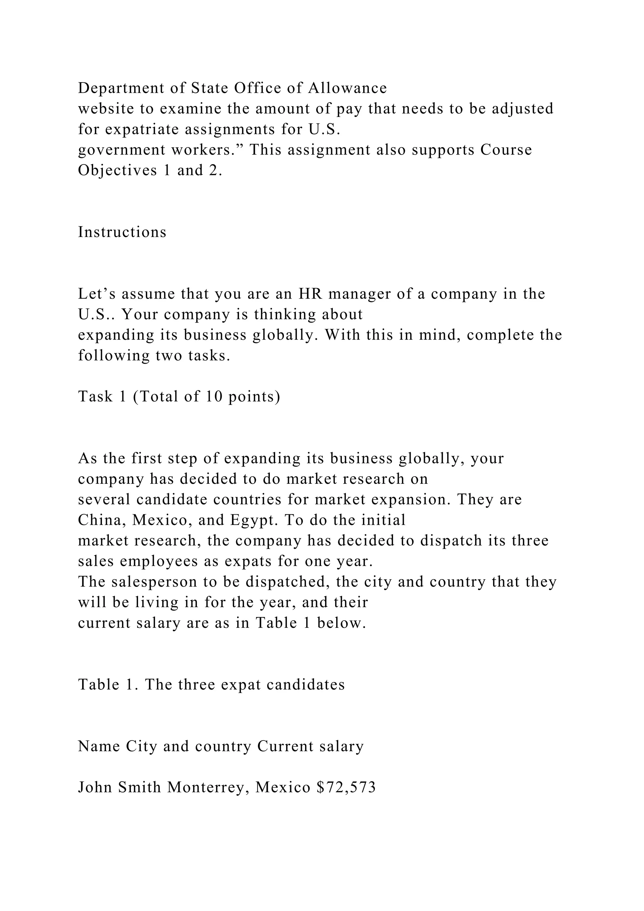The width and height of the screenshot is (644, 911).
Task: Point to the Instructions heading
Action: point(122,232)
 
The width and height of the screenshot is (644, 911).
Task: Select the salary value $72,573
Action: point(346,788)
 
